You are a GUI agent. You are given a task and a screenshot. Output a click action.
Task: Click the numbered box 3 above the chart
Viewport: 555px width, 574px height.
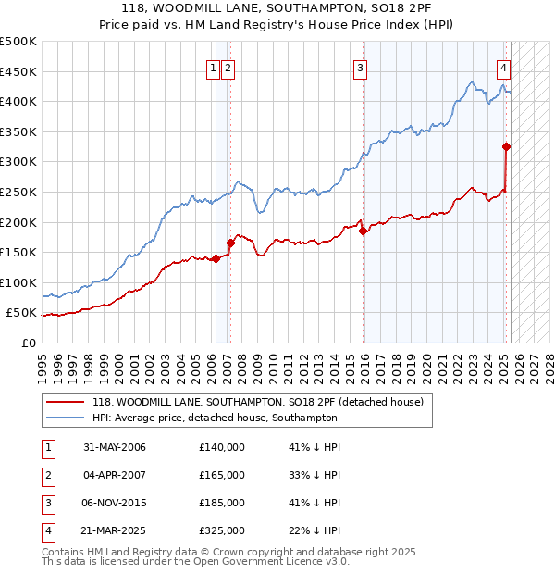pyautogui.click(x=360, y=67)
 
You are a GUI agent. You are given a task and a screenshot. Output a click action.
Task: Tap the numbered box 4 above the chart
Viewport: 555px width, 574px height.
pyautogui.click(x=503, y=67)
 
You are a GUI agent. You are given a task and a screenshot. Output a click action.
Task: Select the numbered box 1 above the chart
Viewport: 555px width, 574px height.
pyautogui.click(x=214, y=67)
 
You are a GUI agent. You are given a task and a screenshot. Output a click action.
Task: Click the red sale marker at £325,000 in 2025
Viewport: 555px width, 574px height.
pyautogui.click(x=506, y=146)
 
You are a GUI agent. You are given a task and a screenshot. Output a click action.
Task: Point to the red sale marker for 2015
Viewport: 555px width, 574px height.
pyautogui.click(x=363, y=231)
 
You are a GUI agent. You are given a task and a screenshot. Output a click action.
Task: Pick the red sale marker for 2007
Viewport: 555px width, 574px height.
pyautogui.click(x=229, y=243)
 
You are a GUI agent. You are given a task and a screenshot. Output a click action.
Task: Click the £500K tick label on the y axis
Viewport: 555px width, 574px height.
pyautogui.click(x=19, y=42)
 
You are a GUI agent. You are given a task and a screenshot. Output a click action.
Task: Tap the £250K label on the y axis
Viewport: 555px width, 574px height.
pyautogui.click(x=19, y=192)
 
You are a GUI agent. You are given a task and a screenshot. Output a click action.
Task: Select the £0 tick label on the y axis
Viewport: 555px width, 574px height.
pyautogui.click(x=28, y=343)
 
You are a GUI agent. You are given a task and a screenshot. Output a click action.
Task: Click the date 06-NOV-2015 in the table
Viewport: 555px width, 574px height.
pyautogui.click(x=114, y=502)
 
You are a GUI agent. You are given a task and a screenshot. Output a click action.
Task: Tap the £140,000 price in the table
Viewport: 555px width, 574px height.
pyautogui.click(x=222, y=447)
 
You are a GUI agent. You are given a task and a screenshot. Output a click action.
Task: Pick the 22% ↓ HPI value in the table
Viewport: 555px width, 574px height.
pyautogui.click(x=314, y=530)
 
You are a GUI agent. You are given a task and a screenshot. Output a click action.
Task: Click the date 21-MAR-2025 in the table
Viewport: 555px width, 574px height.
pyautogui.click(x=114, y=530)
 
